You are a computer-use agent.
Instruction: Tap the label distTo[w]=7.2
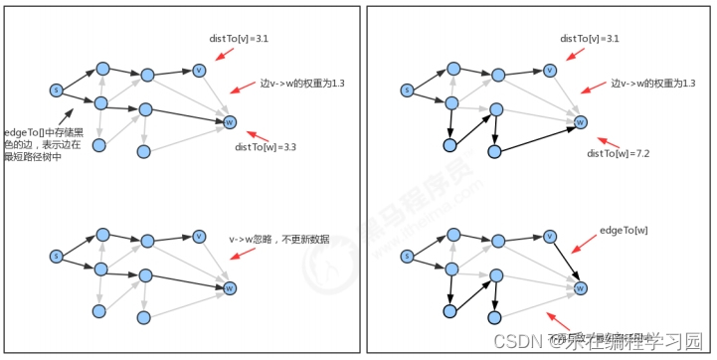[x=619, y=153]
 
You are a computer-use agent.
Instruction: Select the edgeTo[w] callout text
[x=623, y=231]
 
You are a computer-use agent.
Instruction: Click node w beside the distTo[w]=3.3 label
[x=230, y=122]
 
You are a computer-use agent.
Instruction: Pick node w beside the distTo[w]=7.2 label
[x=581, y=122]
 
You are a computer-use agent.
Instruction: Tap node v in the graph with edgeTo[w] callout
[x=550, y=237]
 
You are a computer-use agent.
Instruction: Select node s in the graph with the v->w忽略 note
[x=56, y=257]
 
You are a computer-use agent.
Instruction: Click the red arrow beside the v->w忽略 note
[x=238, y=254]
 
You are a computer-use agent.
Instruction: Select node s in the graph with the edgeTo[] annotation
[x=56, y=90]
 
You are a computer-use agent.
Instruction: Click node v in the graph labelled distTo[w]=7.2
[x=550, y=70]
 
